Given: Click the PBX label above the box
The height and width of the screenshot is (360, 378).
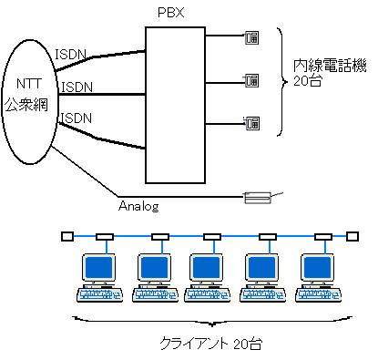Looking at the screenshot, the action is tap(171, 13).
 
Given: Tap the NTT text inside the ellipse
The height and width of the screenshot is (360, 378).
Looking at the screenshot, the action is tap(29, 84).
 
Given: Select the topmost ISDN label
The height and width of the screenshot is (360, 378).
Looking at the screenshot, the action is tap(71, 55).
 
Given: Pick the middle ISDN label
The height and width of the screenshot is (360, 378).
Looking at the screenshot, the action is tap(77, 87).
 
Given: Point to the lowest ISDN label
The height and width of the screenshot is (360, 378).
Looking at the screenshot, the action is tap(77, 118).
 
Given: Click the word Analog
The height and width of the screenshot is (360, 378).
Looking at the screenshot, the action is tap(138, 206).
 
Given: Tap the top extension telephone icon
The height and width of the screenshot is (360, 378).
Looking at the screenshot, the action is tap(252, 37).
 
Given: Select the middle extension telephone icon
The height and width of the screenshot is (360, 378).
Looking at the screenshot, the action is tap(252, 81).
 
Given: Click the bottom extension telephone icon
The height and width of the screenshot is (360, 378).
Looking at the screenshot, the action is tap(252, 123).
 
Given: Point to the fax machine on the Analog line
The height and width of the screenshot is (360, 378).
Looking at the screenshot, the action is tap(258, 198).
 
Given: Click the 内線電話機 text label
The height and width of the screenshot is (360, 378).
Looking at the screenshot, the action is tap(330, 66).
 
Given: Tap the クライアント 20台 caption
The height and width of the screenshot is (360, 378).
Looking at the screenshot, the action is tap(211, 344).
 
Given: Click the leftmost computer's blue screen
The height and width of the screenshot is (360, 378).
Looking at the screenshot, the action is tap(98, 267).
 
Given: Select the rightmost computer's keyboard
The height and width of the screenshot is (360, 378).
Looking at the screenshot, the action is tap(318, 295).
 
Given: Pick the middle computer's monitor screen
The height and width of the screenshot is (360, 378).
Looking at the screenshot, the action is tap(206, 267).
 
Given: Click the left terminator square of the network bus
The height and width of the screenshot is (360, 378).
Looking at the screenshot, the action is tap(67, 236).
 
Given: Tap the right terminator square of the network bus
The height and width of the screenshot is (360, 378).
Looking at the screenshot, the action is tap(352, 236).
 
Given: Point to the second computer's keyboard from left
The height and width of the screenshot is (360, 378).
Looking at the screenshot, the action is tap(155, 295).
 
